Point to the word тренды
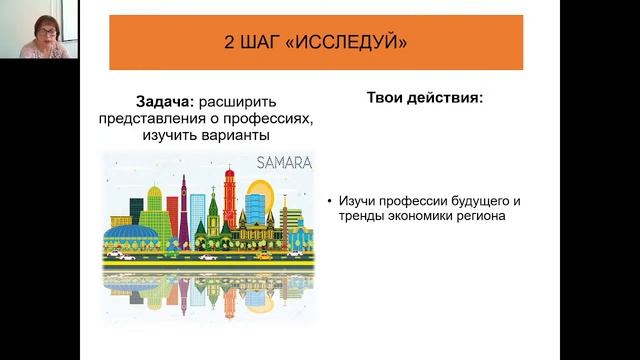[x=363, y=216]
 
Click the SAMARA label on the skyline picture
[x=284, y=162]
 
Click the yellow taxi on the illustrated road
[x=124, y=255]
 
